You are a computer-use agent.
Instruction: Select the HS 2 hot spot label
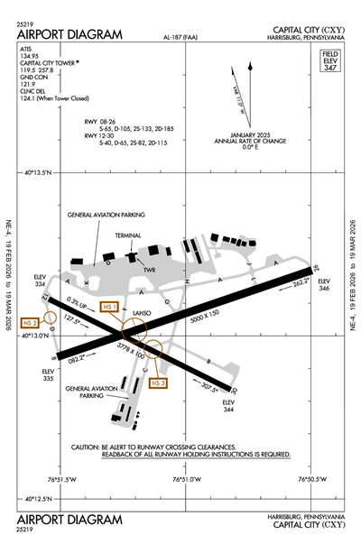(31, 323)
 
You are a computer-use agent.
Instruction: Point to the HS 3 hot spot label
(159, 383)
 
